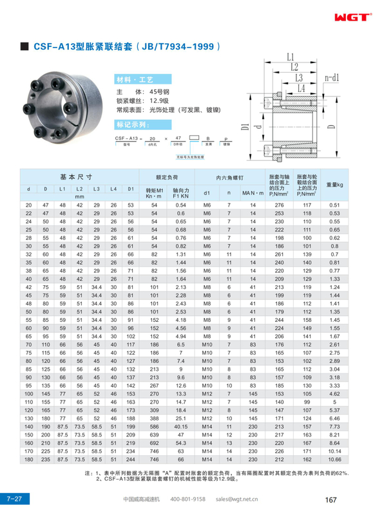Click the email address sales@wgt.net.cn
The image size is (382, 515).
coord(237,499)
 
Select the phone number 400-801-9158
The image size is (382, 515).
coord(188,499)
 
